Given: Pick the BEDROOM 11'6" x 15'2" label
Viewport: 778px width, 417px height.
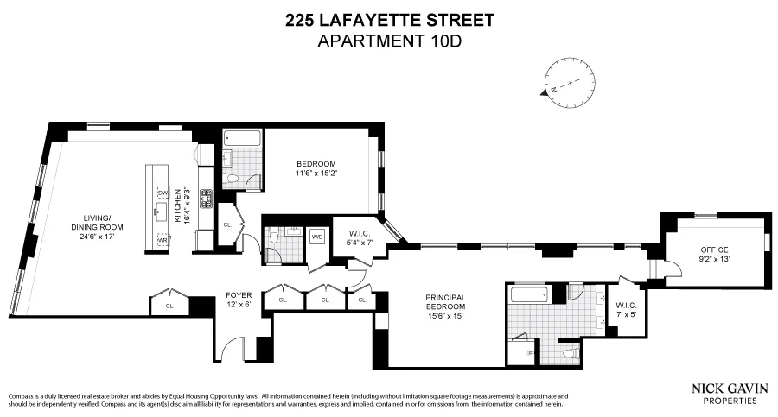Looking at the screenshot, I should coord(316,169).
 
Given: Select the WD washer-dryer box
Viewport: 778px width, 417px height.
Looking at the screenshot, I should coord(317,236).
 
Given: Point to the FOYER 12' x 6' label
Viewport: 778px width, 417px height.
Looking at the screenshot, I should coord(239,300).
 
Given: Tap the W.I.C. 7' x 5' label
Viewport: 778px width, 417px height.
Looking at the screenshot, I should coord(626,309).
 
